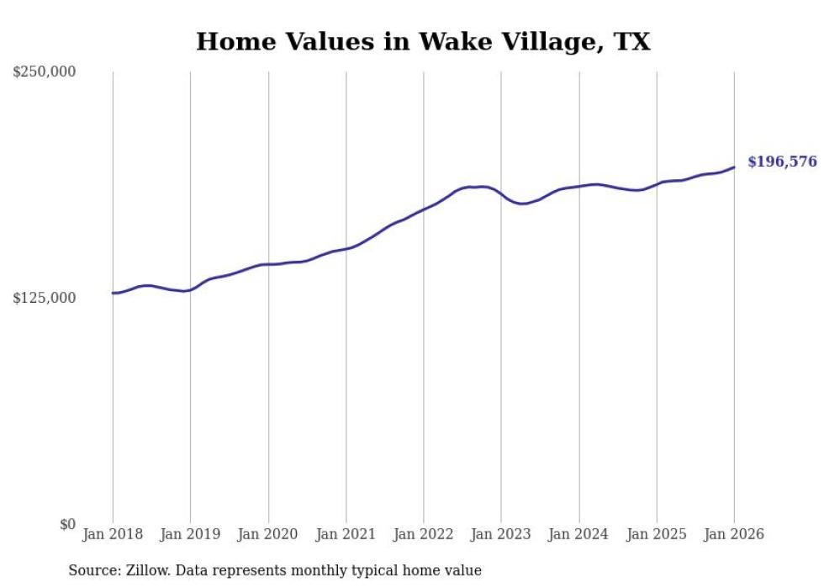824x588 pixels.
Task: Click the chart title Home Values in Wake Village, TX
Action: [x=423, y=41]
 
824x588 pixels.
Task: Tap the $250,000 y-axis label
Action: [x=45, y=72]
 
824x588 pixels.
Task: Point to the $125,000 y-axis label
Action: [x=45, y=299]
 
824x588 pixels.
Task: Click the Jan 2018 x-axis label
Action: [x=113, y=535]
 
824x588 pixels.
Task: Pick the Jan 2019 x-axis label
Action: [x=190, y=535]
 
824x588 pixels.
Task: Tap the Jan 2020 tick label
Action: [x=268, y=535]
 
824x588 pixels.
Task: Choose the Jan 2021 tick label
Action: [x=346, y=535]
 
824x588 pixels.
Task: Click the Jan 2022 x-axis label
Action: [x=424, y=535]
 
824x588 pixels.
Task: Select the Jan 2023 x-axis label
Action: [x=501, y=535]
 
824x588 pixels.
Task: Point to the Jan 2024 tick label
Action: [x=578, y=535]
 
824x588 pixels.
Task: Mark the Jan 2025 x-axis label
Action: [x=657, y=535]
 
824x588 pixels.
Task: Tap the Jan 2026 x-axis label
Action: [x=734, y=535]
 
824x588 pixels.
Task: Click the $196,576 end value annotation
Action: [x=782, y=162]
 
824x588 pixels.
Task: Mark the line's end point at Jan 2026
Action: [x=734, y=167]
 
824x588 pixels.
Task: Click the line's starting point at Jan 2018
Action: [x=113, y=293]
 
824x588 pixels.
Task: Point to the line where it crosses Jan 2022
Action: [x=424, y=209]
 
